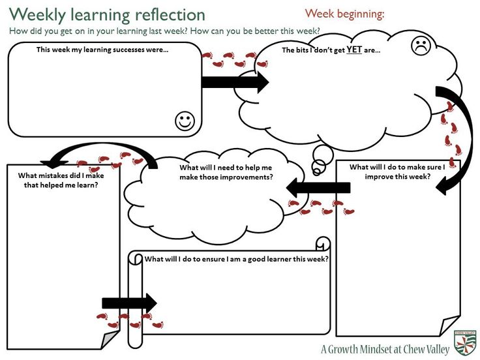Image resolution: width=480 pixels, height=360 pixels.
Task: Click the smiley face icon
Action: pyautogui.click(x=185, y=121)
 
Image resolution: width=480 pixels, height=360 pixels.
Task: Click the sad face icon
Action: pyautogui.click(x=421, y=46)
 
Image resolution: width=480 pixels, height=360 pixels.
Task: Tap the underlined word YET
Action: pyautogui.click(x=354, y=50)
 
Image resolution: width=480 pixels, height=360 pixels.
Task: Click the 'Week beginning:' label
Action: pyautogui.click(x=344, y=13)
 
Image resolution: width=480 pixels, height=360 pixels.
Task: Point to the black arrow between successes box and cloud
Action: pyautogui.click(x=234, y=82)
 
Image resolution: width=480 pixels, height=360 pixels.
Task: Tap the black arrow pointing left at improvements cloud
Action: pyautogui.click(x=317, y=188)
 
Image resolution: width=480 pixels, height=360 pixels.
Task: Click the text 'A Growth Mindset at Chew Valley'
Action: pyautogui.click(x=385, y=350)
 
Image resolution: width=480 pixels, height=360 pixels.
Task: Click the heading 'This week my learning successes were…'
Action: pyautogui.click(x=102, y=50)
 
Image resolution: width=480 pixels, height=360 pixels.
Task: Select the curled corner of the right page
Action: pyautogui.click(x=451, y=326)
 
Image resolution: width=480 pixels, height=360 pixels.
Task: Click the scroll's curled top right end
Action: pyautogui.click(x=323, y=243)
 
